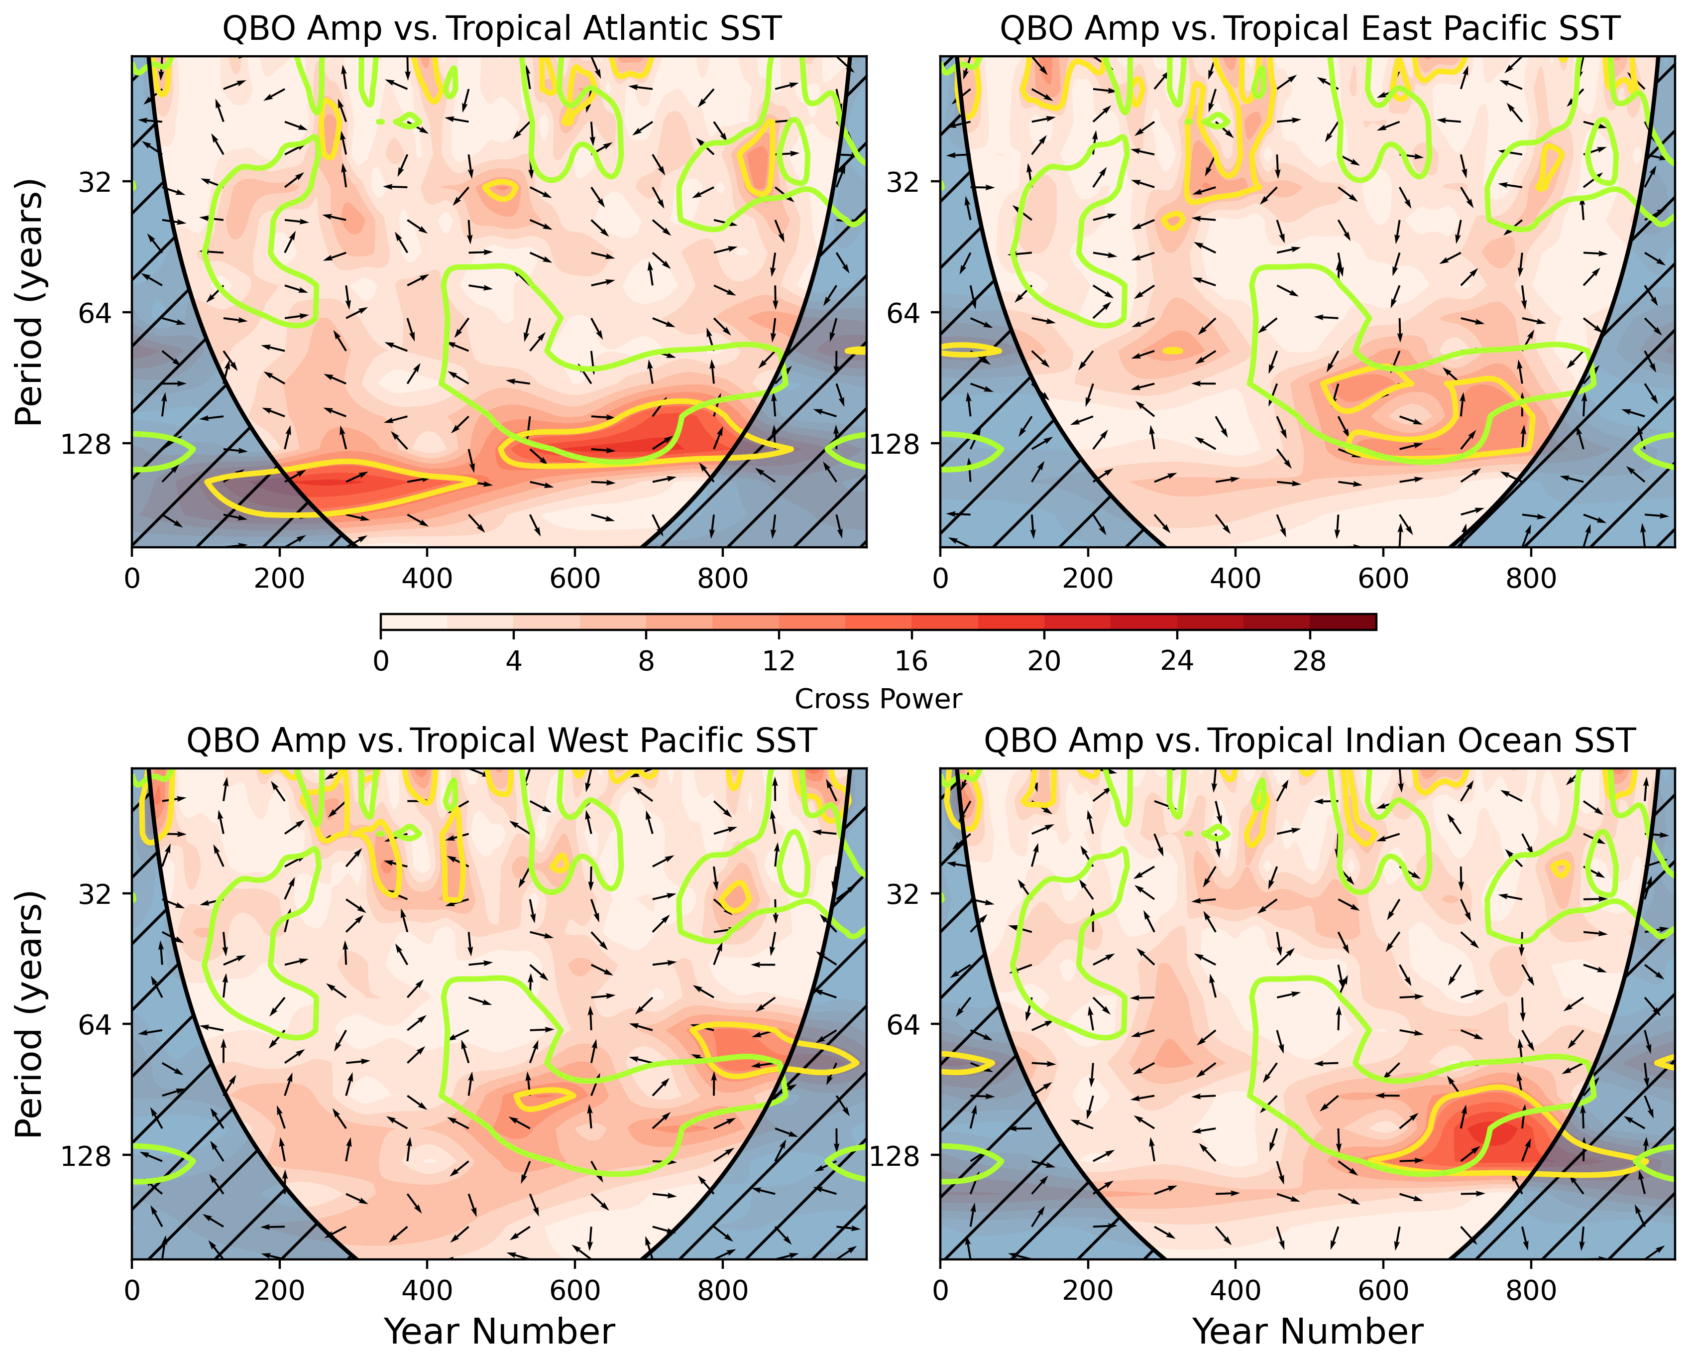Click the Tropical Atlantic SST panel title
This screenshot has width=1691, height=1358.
pyautogui.click(x=502, y=29)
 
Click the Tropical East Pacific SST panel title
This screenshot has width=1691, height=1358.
pyautogui.click(x=1310, y=29)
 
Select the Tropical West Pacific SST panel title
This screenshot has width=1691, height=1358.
pyautogui.click(x=502, y=741)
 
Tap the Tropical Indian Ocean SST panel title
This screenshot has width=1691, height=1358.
pyautogui.click(x=1310, y=741)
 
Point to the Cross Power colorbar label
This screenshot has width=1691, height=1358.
pyautogui.click(x=878, y=699)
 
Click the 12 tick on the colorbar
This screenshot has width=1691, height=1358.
pyautogui.click(x=779, y=661)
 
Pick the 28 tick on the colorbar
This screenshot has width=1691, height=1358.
pyautogui.click(x=1309, y=661)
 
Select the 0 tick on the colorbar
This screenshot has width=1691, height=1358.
pyautogui.click(x=381, y=661)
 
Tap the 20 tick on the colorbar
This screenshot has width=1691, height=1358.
pyautogui.click(x=1044, y=661)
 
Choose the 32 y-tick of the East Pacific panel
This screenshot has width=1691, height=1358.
pyautogui.click(x=903, y=182)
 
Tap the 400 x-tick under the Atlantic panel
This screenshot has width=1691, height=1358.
pyautogui.click(x=427, y=579)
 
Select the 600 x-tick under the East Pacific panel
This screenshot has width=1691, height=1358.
pyautogui.click(x=1383, y=579)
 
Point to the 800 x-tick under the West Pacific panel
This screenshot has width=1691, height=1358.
pyautogui.click(x=722, y=1291)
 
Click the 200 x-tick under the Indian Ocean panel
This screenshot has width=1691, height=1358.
pyautogui.click(x=1088, y=1291)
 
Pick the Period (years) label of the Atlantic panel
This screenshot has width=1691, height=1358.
pyautogui.click(x=30, y=302)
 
